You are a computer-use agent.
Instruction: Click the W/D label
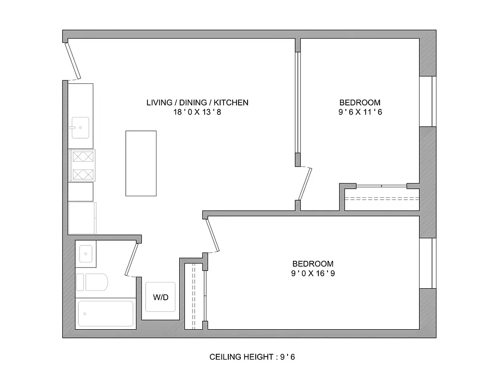click(x=161, y=297)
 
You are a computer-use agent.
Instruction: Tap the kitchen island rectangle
click(x=141, y=163)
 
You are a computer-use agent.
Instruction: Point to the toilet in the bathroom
click(x=93, y=282)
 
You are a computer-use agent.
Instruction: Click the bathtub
click(x=105, y=314)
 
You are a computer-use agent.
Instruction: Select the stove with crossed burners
click(x=81, y=165)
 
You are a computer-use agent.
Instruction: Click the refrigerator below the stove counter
click(x=82, y=218)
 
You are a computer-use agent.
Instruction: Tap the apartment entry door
click(x=73, y=61)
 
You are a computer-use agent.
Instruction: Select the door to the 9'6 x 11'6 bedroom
click(x=305, y=183)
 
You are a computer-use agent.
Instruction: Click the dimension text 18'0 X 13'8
click(x=197, y=112)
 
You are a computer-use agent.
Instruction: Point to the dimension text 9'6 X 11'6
click(x=360, y=112)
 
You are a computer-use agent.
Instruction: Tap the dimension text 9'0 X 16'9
click(x=313, y=273)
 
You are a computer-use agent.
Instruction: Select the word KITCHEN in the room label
click(x=231, y=103)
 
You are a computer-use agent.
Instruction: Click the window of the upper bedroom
click(x=427, y=101)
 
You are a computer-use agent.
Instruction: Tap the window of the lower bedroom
click(x=427, y=263)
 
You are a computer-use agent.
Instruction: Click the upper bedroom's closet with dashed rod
click(x=382, y=198)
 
